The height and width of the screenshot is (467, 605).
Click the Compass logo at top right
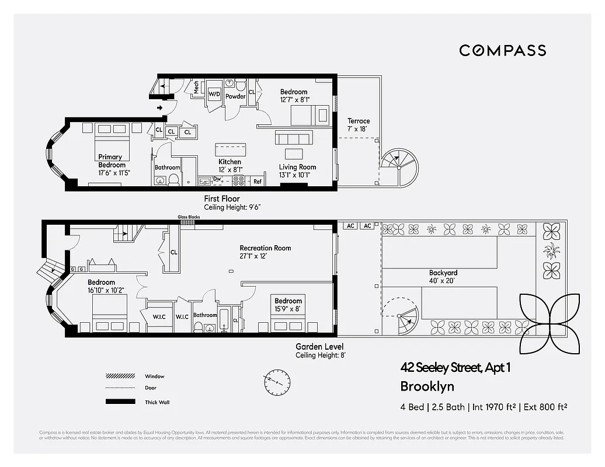(x=502, y=50)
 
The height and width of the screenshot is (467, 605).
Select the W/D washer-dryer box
(x=214, y=93)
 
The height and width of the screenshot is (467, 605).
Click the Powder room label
(x=235, y=96)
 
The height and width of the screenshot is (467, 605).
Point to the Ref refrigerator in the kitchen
(x=258, y=182)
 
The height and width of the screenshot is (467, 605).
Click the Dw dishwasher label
(x=217, y=179)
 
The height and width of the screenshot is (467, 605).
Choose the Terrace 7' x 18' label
(x=359, y=125)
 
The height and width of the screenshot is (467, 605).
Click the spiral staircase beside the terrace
(x=401, y=166)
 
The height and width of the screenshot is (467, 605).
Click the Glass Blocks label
(x=189, y=217)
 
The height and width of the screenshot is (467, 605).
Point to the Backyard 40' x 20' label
(x=443, y=277)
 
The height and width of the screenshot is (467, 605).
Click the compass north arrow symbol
(x=277, y=382)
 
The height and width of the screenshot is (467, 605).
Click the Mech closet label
(x=196, y=88)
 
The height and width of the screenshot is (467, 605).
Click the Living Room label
(x=297, y=170)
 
